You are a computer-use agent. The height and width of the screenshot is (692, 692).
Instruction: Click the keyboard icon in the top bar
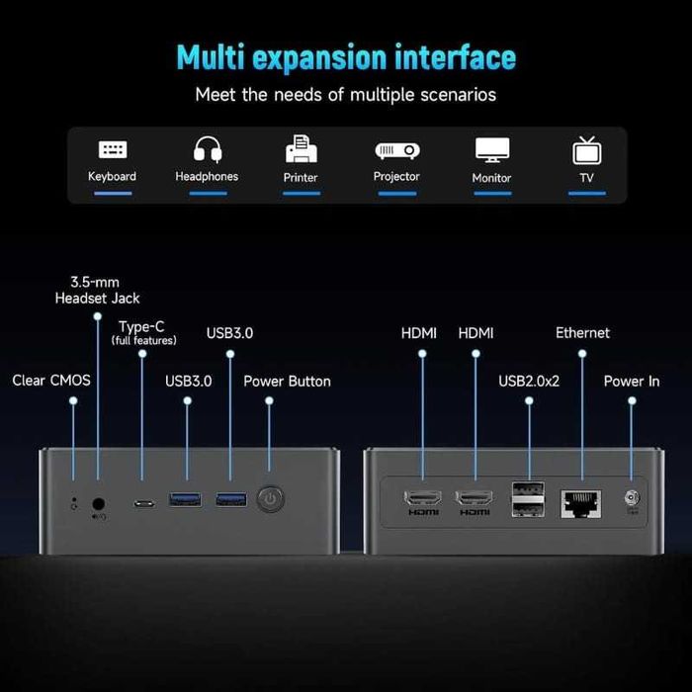tap(113, 149)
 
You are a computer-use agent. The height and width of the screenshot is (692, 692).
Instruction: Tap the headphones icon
tap(207, 149)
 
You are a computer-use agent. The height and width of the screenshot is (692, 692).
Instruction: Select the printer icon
tap(301, 149)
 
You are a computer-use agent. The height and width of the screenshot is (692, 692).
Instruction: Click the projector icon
tap(396, 149)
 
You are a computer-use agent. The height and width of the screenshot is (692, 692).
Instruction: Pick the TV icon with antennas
tap(587, 150)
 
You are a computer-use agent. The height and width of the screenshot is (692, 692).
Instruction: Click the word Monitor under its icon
tap(491, 178)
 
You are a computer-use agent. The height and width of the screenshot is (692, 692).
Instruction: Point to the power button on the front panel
tap(270, 499)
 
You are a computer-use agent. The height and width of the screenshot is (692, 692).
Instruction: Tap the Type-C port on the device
tap(144, 502)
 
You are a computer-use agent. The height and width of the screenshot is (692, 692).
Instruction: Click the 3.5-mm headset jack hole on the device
tap(98, 502)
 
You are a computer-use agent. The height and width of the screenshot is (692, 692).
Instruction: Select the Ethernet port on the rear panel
tap(576, 501)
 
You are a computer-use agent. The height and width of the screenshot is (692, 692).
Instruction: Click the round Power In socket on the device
tap(631, 500)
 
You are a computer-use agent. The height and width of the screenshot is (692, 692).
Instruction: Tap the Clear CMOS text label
tap(51, 381)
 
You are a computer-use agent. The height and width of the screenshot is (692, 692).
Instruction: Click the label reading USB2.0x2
tap(529, 381)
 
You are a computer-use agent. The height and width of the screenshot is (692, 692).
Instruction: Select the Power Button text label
tap(287, 381)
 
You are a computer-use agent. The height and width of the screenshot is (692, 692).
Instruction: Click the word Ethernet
tap(582, 333)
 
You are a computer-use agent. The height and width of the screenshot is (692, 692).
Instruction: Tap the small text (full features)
tap(144, 341)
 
